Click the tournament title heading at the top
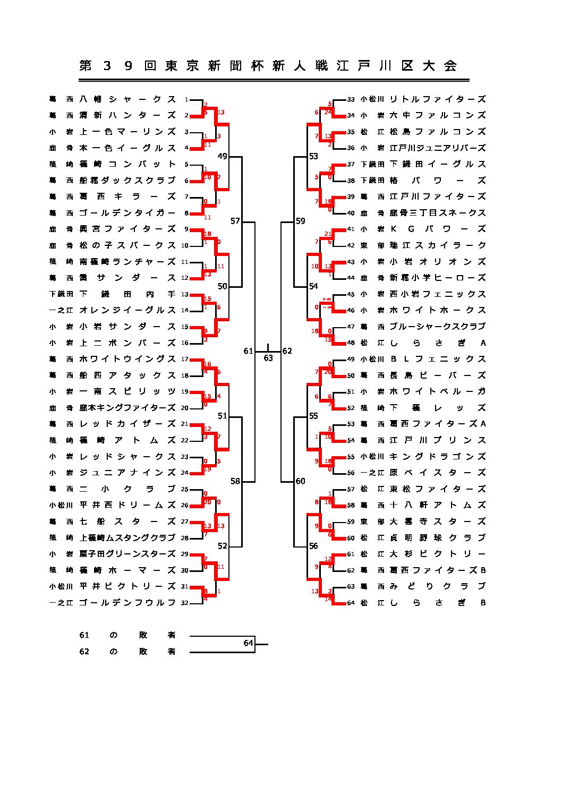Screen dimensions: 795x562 tap(268, 66)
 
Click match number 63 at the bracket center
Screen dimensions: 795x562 tap(268, 358)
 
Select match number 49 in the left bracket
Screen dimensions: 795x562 tap(222, 156)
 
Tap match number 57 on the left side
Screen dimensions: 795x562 tap(235, 221)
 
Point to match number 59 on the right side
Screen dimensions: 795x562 tap(301, 221)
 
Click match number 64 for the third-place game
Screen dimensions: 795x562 tap(248, 643)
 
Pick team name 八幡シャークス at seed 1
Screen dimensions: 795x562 tap(127, 99)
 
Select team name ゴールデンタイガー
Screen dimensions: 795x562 tap(127, 213)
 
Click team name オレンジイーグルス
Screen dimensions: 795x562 tap(127, 310)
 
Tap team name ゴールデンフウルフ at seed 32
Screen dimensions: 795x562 tap(127, 603)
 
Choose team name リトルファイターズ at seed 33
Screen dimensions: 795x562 tap(438, 99)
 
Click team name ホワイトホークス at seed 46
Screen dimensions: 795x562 tap(438, 310)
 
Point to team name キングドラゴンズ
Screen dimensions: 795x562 tap(438, 457)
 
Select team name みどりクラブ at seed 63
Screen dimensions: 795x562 tap(438, 586)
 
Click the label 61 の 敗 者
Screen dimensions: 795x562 tap(127, 635)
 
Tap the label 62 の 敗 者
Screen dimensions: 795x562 tap(127, 652)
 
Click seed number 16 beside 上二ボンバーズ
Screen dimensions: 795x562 tap(185, 343)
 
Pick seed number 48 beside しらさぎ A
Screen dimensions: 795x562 tap(351, 343)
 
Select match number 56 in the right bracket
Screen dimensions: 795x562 tap(313, 546)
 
